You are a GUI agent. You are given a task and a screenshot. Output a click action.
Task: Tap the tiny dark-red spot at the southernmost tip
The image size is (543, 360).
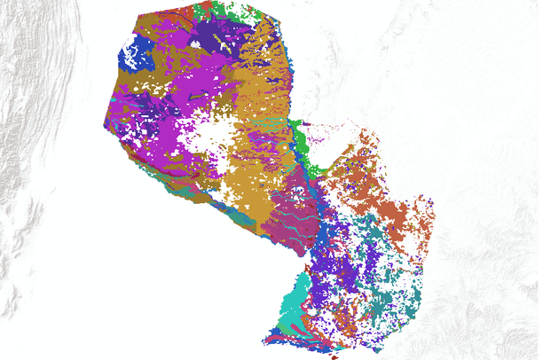[x=334, y=356]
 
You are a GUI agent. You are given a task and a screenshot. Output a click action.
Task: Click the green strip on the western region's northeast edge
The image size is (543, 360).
[x=299, y=138]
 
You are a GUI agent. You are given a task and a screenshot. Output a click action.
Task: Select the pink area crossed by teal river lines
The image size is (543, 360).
[x=289, y=213]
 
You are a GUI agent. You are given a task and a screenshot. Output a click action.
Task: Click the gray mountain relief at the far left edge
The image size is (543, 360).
[x=22, y=177]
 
